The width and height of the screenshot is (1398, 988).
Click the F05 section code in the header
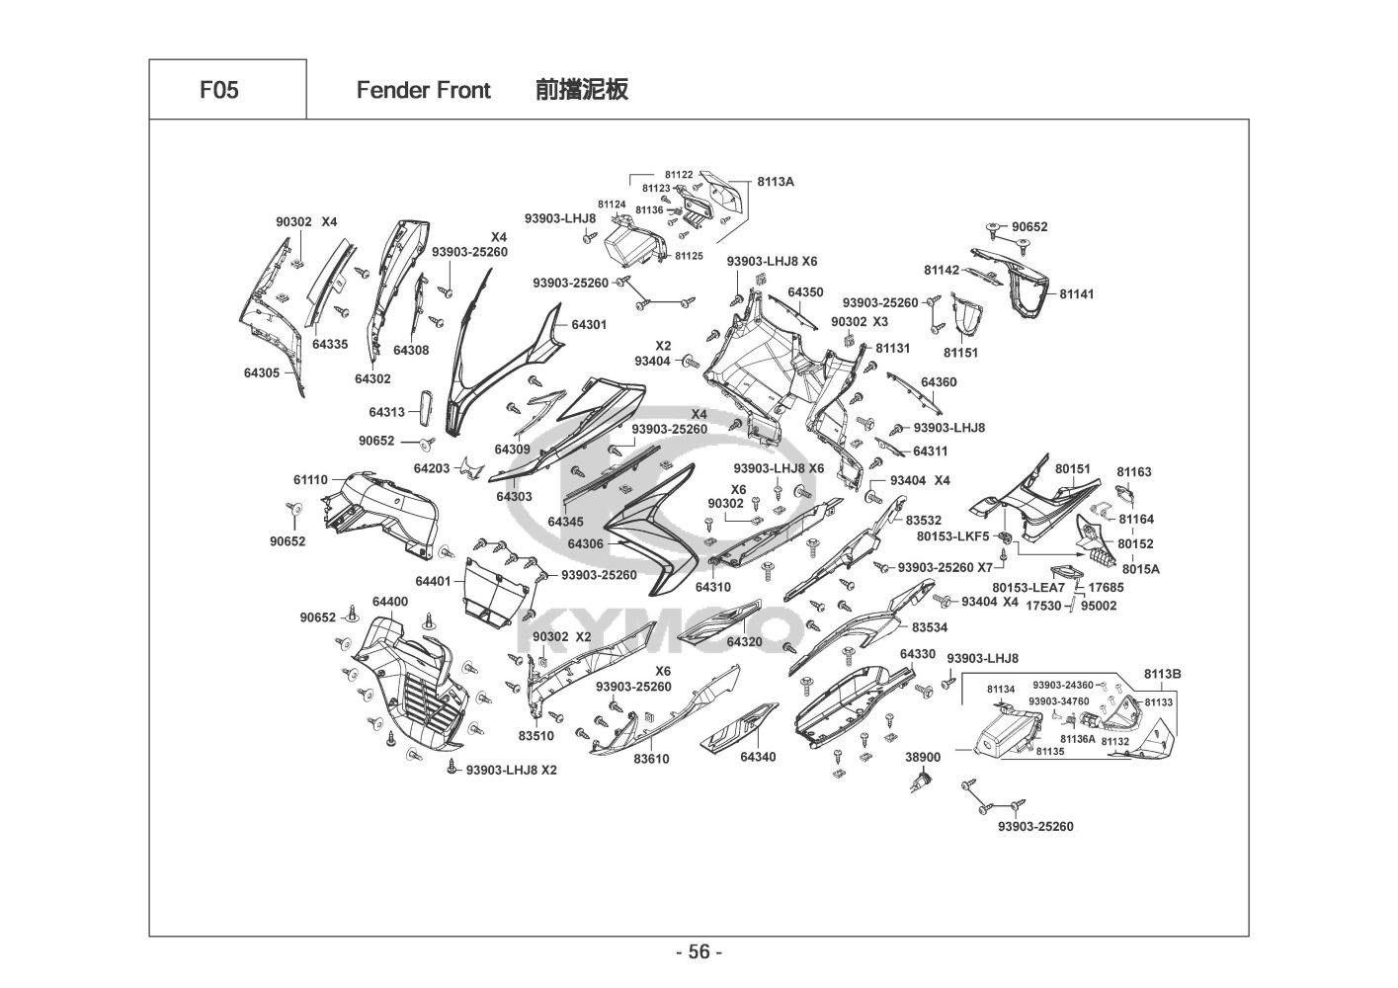tap(218, 90)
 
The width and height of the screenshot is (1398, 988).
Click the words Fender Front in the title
tap(423, 91)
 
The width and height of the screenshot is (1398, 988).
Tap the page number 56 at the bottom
tap(699, 952)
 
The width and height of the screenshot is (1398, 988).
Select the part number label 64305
tap(262, 372)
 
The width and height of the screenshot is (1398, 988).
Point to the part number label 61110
tap(310, 479)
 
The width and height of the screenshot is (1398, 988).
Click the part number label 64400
tap(390, 602)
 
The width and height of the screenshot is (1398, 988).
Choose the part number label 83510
tap(535, 736)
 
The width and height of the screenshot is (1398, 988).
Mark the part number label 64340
tap(758, 757)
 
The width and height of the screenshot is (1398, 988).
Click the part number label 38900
tap(923, 757)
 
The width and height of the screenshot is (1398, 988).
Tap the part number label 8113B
tap(1163, 674)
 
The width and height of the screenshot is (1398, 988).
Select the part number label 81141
tap(1077, 293)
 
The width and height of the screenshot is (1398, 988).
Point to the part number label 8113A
tap(776, 182)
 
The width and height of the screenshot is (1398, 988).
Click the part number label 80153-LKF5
tap(952, 536)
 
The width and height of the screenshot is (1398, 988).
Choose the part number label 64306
tap(585, 543)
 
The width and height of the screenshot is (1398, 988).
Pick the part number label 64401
tap(433, 581)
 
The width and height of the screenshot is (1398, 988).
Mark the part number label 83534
tap(929, 627)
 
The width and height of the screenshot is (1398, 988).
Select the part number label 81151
tap(960, 352)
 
